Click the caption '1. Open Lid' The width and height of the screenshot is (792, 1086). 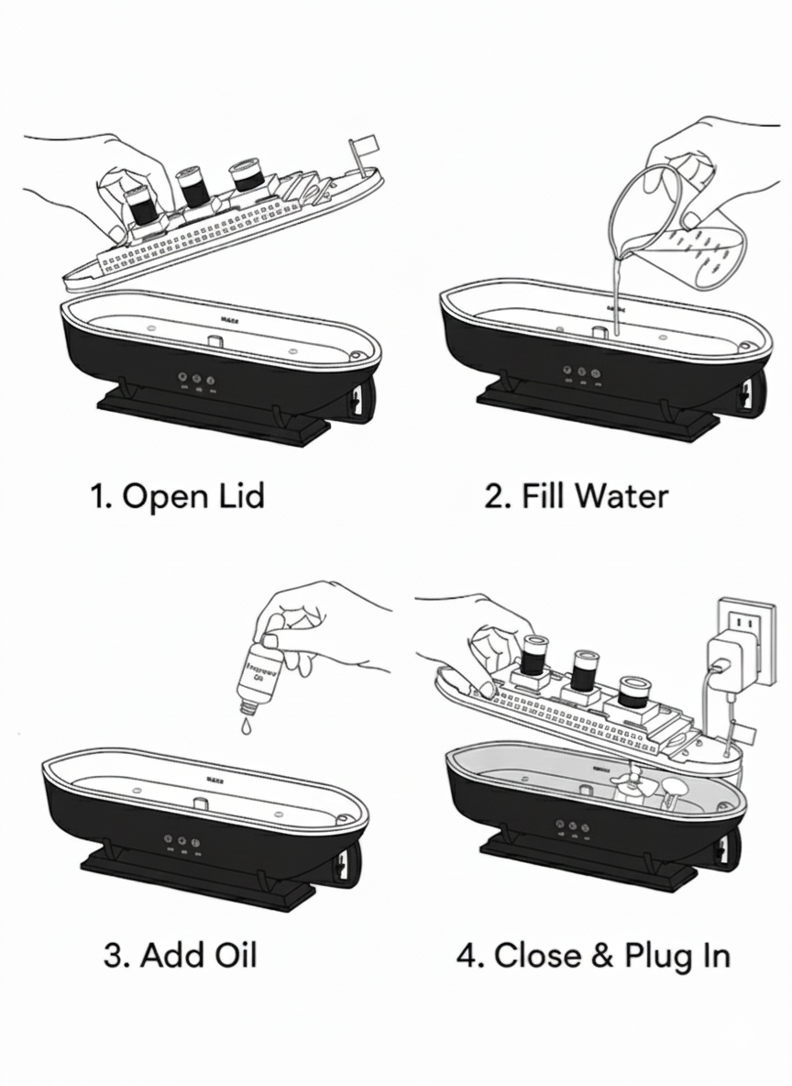pyautogui.click(x=178, y=496)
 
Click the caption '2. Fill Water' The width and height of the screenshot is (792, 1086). pyautogui.click(x=576, y=496)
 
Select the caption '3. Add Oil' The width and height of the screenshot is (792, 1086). pyautogui.click(x=180, y=955)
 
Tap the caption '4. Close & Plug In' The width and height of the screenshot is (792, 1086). pyautogui.click(x=593, y=955)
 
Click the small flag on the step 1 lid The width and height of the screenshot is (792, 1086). pyautogui.click(x=364, y=144)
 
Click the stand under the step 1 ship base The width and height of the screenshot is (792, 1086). pyautogui.click(x=212, y=417)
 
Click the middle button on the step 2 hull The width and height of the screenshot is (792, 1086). pyautogui.click(x=582, y=373)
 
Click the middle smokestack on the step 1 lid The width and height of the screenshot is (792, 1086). pyautogui.click(x=193, y=187)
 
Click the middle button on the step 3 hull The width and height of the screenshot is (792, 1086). pyautogui.click(x=181, y=839)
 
